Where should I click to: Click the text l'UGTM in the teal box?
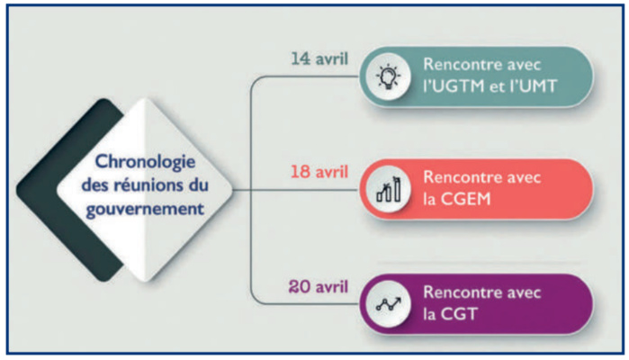[458, 87]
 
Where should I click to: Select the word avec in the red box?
[524, 178]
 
